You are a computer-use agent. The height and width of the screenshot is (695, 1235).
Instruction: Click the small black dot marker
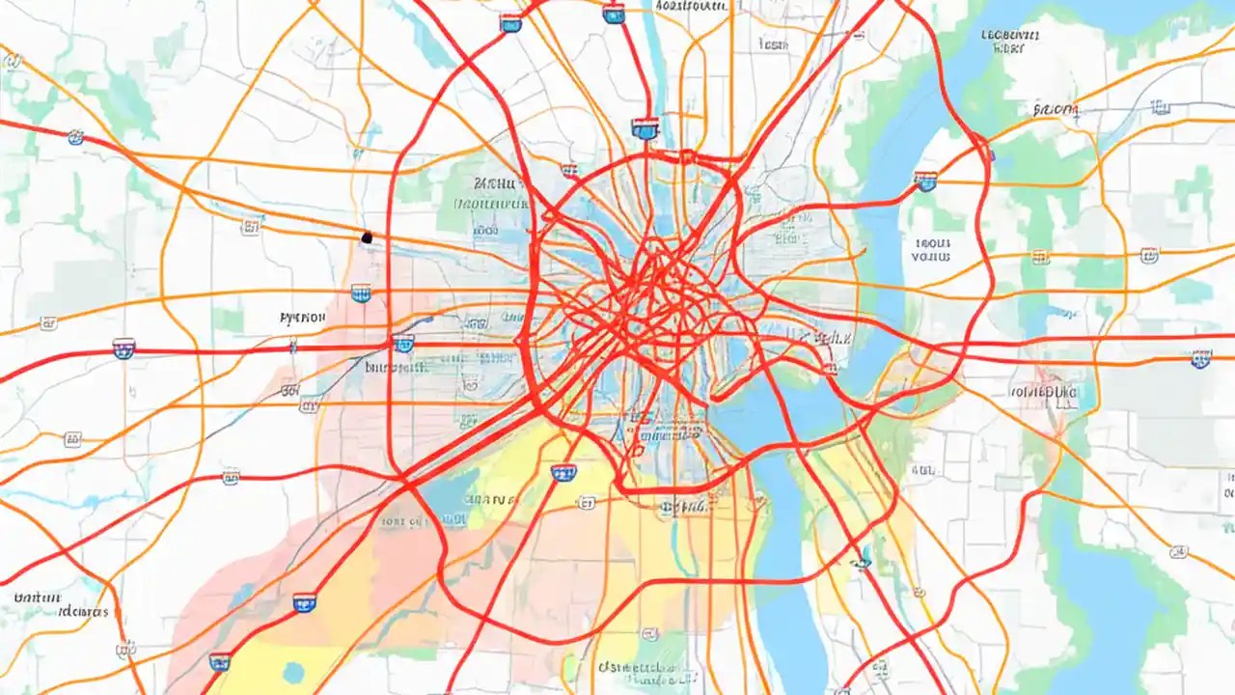coord(367,236)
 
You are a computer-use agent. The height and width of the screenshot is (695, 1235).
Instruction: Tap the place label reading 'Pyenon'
coord(301,317)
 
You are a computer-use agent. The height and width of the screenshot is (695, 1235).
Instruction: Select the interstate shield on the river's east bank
coord(925,181)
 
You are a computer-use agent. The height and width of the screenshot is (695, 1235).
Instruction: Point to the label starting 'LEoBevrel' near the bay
coord(1010,39)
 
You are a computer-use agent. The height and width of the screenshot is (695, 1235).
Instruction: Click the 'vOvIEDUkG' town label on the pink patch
coord(1042,392)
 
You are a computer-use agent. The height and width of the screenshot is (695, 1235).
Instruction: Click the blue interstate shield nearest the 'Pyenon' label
coord(361,292)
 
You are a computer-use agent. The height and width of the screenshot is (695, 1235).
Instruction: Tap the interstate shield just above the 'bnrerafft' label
coord(403,343)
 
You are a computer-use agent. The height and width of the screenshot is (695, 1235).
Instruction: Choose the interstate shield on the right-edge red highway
coord(1200,359)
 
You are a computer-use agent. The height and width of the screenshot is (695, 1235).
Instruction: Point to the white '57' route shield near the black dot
coord(252,226)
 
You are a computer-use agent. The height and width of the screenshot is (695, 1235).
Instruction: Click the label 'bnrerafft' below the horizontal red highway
coord(396,368)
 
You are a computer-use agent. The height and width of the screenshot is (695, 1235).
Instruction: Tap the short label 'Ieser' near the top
coord(772,44)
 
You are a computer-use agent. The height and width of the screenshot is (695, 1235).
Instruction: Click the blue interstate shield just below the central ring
coord(563,472)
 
